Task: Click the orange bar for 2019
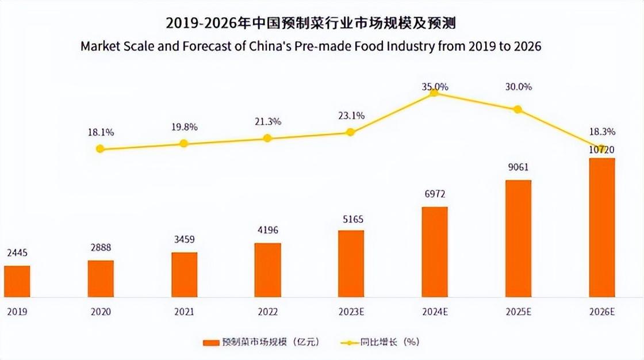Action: pos(17,281)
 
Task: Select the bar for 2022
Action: pos(267,270)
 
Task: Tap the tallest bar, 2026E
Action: pos(601,227)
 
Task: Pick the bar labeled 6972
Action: pos(434,252)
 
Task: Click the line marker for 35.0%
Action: pos(434,93)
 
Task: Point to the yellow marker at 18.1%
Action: pos(100,149)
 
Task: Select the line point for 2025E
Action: pos(517,109)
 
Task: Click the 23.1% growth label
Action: pos(351,116)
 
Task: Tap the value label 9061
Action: pos(517,168)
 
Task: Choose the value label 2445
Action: pos(17,254)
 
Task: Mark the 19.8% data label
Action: pos(184,127)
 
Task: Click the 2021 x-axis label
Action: pos(184,312)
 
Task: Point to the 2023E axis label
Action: pos(351,312)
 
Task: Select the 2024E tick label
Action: pos(434,312)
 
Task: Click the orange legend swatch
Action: pos(212,342)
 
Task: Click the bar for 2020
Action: pos(101,278)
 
